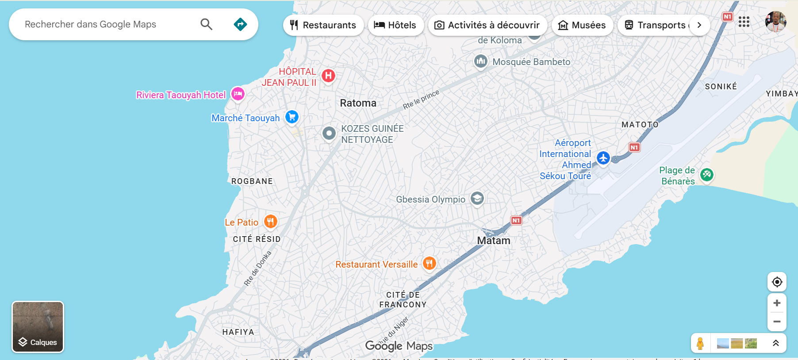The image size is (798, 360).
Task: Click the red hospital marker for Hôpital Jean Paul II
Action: point(328,76)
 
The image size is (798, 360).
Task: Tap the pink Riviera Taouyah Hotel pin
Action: point(238,94)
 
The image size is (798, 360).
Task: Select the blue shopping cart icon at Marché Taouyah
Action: point(292,117)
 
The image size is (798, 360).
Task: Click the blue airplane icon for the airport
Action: point(603,157)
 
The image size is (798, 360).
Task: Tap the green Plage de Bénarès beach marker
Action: point(706,174)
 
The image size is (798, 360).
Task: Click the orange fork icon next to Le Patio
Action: point(271,221)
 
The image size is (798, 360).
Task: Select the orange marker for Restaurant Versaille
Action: point(429,263)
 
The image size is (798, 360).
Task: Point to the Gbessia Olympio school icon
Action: point(477,198)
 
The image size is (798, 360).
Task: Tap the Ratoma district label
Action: point(358,103)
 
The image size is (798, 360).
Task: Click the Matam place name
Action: point(494,241)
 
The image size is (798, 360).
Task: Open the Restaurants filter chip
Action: point(323,25)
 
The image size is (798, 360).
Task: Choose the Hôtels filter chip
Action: point(395,25)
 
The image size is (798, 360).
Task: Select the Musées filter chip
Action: point(582,25)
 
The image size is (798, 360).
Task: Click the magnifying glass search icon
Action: point(207,24)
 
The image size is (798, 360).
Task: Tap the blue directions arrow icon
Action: point(240,24)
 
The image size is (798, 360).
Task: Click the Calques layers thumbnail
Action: point(38,327)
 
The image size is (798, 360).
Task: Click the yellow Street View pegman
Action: point(700,343)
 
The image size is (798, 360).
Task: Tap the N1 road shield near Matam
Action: point(516,220)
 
